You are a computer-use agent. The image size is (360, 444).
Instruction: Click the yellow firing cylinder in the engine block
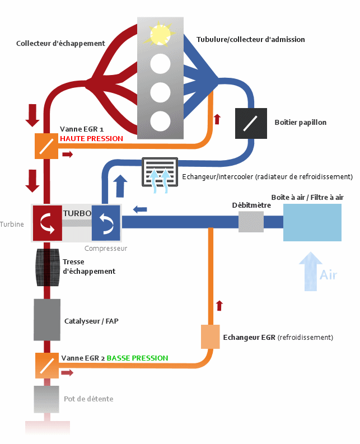pos(160,35)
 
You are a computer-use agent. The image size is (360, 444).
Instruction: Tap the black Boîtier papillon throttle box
pos(247,123)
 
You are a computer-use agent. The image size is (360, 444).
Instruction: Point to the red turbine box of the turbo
pos(46,222)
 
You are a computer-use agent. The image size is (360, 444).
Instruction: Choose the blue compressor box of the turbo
pos(106,222)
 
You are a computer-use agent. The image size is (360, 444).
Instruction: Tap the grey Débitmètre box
pos(251,222)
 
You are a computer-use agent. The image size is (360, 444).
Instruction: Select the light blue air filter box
pos(312,222)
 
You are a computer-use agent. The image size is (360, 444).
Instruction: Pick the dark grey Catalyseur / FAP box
pos(46,320)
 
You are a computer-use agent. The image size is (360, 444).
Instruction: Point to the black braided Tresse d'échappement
pos(46,267)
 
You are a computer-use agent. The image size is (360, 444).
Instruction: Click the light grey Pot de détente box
pos(46,399)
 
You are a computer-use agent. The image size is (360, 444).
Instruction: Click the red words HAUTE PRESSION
pos(91,138)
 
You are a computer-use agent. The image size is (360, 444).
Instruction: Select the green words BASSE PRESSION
pos(137,358)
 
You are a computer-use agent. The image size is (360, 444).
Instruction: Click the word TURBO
pos(77,213)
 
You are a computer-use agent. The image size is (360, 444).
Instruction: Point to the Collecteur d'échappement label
pos(60,43)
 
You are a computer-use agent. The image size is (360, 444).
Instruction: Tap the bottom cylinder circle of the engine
pos(160,120)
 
